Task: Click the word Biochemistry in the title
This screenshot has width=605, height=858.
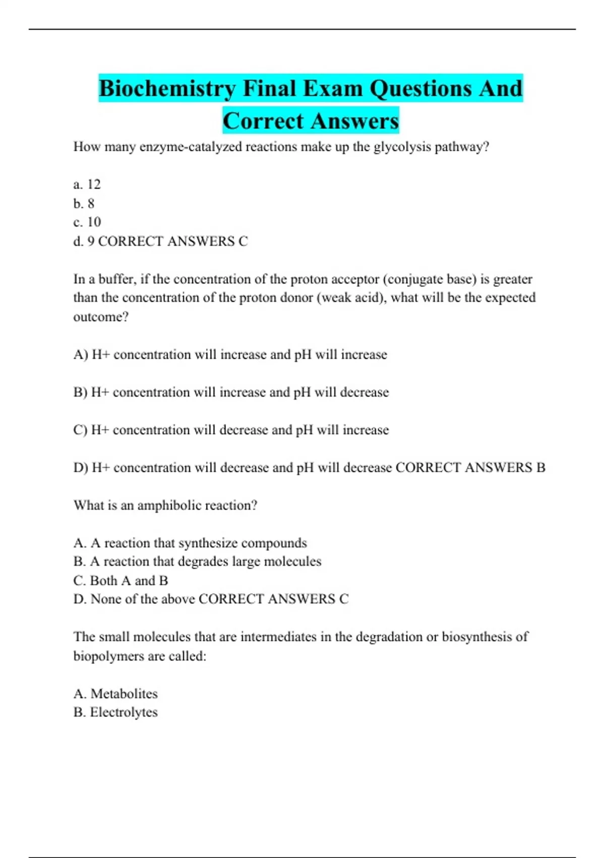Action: [x=167, y=89]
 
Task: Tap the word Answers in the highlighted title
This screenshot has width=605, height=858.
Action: [x=354, y=121]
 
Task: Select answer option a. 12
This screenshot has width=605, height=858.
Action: [x=87, y=184]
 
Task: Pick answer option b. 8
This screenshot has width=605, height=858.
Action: [x=84, y=203]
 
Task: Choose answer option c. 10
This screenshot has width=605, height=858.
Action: [x=87, y=222]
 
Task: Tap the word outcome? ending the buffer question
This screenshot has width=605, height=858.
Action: [x=101, y=317]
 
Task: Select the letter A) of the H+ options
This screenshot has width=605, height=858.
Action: [x=81, y=355]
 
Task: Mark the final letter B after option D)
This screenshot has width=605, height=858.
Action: [x=540, y=468]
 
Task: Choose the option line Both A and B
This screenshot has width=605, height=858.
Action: [x=121, y=581]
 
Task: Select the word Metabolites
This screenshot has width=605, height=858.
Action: [x=124, y=694]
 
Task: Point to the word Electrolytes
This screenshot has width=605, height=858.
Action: [x=124, y=712]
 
